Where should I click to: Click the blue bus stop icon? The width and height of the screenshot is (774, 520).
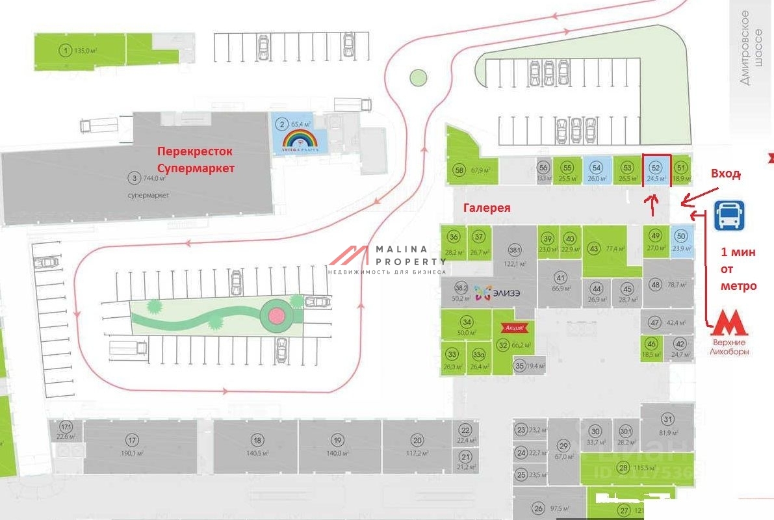pos(729,215)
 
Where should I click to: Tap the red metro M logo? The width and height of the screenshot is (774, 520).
pos(729,323)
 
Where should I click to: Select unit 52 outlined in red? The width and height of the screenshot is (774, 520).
pos(656,171)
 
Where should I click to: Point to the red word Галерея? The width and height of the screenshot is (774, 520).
pos(487,208)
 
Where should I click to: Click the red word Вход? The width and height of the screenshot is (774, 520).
pos(726,174)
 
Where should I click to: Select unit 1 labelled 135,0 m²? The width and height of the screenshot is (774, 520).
pos(65,49)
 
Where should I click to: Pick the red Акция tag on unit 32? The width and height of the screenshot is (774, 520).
pos(510,328)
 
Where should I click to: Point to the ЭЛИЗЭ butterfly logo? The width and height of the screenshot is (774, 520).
pos(482,294)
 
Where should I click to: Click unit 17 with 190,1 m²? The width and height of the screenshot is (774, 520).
pos(133,439)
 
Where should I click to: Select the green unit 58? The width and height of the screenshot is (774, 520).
pos(460,170)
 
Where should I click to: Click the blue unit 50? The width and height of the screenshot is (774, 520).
pos(681,240)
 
